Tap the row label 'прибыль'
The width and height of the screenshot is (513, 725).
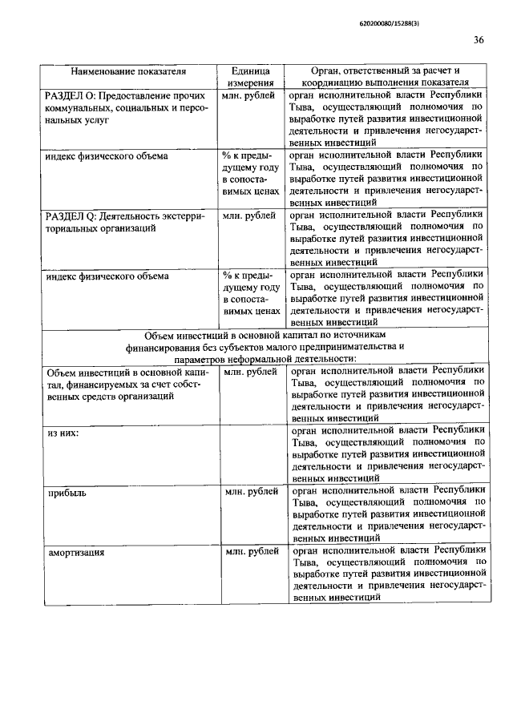(x=67, y=493)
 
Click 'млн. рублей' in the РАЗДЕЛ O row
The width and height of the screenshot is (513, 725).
(x=250, y=96)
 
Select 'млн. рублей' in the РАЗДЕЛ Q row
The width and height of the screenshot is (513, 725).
(x=251, y=215)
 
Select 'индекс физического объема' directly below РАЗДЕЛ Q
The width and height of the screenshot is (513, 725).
(x=107, y=276)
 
